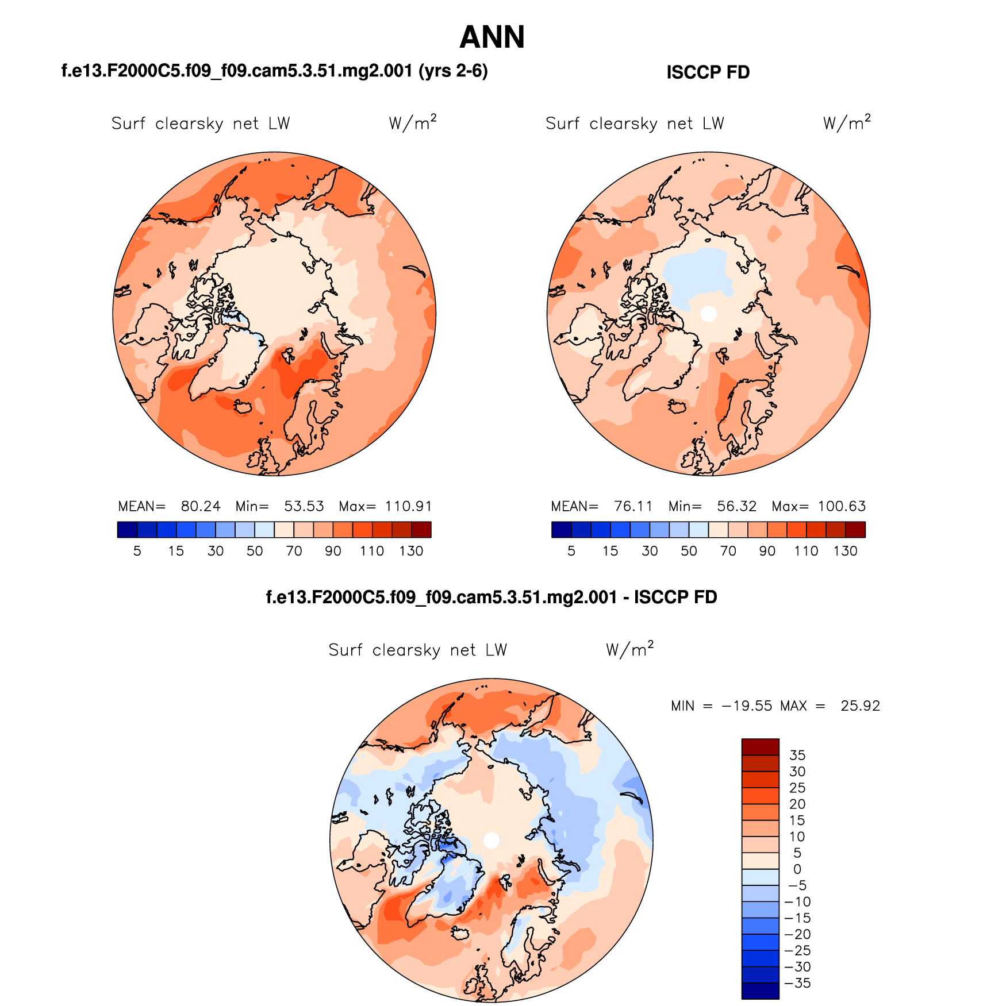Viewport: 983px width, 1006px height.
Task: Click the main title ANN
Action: [492, 38]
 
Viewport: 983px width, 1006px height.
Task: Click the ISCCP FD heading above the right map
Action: [708, 72]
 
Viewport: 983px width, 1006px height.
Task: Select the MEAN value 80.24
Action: [201, 506]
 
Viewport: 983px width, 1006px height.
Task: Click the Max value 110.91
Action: [408, 506]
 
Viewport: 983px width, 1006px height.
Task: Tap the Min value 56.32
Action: [736, 506]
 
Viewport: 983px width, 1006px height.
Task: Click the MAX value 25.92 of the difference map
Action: [860, 706]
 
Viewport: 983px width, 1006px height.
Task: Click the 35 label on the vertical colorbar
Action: [797, 755]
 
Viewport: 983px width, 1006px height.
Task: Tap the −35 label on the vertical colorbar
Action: [797, 983]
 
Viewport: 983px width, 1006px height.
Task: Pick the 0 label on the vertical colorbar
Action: [797, 869]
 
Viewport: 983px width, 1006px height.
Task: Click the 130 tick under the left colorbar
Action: [411, 551]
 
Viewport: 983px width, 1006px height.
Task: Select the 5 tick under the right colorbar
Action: [571, 551]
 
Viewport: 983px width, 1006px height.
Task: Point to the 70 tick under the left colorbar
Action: [294, 551]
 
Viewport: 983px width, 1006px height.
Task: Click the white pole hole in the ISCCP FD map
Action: [709, 314]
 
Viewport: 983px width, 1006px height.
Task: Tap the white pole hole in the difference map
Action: [491, 840]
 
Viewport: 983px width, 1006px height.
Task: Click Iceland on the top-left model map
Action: [243, 406]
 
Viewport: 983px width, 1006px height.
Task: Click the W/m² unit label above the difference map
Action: [629, 649]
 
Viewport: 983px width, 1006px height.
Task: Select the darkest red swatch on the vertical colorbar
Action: [760, 747]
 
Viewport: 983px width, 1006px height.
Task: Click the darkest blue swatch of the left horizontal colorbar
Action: [127, 530]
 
